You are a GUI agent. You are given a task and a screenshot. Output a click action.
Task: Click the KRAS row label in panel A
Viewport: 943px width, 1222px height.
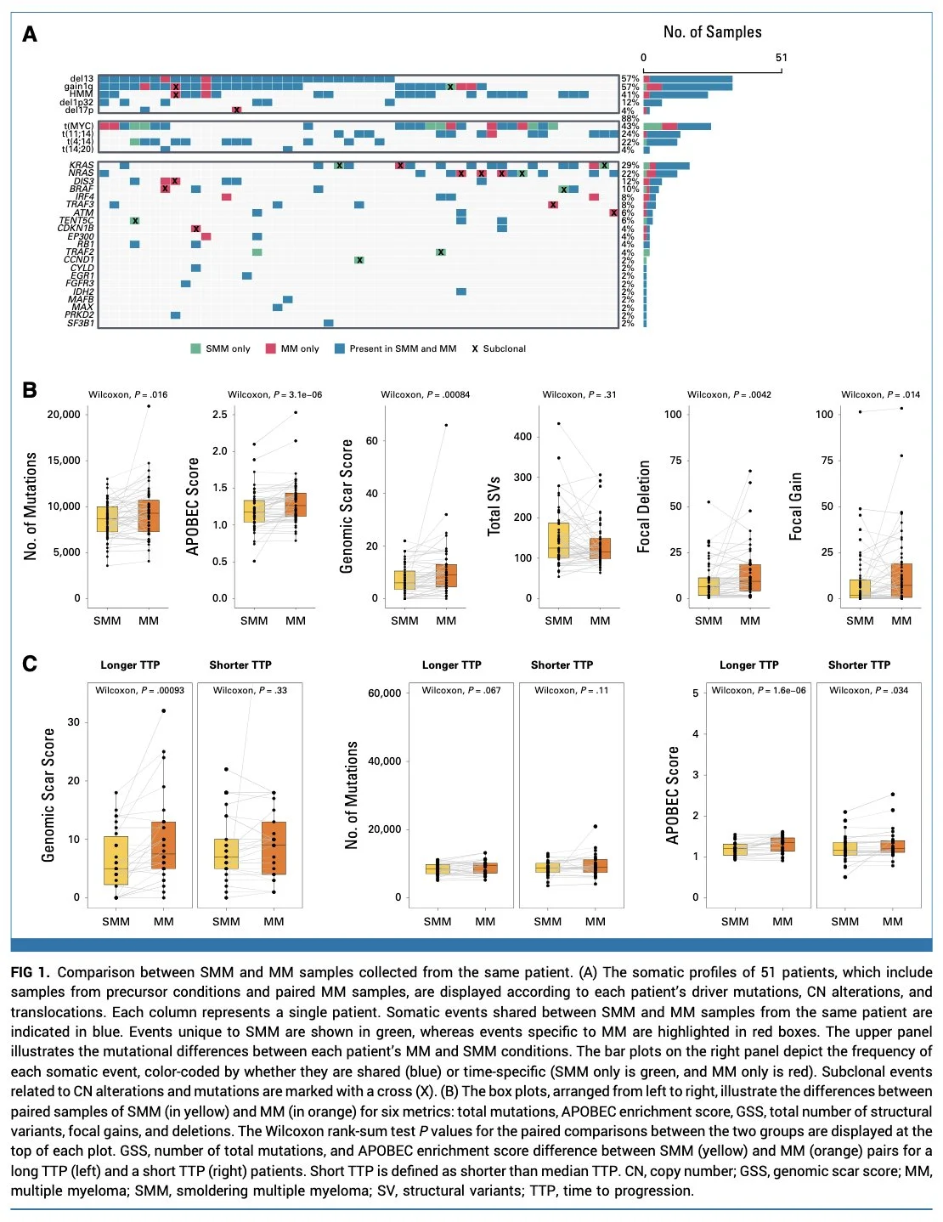[82, 166]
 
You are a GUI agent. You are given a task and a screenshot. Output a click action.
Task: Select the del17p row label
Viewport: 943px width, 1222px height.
[79, 110]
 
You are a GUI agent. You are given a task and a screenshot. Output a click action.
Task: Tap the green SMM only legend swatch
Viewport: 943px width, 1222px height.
[196, 348]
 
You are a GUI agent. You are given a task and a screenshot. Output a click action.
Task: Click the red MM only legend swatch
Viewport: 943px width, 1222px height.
[271, 348]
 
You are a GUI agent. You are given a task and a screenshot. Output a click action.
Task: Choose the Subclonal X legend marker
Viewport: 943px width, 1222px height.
[475, 348]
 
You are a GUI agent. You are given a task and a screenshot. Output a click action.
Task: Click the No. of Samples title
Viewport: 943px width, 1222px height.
[712, 32]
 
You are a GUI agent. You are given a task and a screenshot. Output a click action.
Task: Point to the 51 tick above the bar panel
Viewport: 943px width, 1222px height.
[781, 58]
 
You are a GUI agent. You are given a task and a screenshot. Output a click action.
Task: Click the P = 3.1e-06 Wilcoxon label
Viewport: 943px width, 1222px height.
[274, 394]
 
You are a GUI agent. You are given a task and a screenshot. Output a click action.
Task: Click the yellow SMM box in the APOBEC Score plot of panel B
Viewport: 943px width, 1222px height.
[254, 512]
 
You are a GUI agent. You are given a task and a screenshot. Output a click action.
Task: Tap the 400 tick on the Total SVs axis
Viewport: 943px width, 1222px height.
[522, 437]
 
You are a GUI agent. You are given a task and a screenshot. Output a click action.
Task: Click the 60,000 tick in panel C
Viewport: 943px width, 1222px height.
[384, 693]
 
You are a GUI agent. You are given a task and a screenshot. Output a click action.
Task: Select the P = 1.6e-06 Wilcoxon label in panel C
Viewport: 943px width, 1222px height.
[759, 690]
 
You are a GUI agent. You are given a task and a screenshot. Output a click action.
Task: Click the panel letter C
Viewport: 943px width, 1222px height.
[30, 664]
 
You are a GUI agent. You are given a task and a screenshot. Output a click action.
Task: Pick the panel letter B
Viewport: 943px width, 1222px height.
[30, 390]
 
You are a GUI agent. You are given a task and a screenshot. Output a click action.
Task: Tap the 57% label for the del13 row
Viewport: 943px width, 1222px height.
[630, 79]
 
